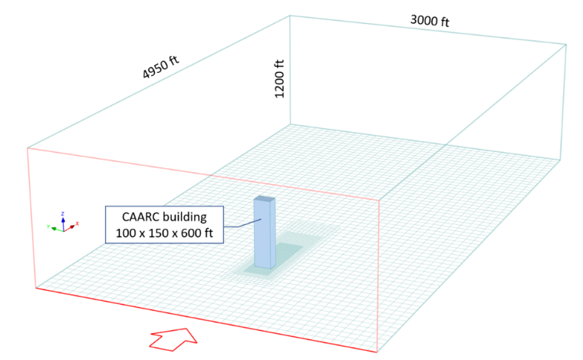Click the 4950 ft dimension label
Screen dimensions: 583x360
coord(160,67)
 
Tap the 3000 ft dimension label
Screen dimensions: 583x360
coord(430,21)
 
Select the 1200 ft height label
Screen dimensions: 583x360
coord(279,78)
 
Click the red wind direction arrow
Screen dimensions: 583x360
coord(173,339)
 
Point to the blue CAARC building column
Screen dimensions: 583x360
coord(265,233)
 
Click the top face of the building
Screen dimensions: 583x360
coord(265,199)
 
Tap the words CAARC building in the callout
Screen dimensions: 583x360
coord(164,216)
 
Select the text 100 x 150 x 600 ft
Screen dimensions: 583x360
coord(164,233)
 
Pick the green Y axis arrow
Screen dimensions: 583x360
coord(58,229)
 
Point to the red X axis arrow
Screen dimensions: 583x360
coord(69,228)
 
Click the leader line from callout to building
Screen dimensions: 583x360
coord(242,224)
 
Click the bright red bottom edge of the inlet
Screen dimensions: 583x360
coord(206,320)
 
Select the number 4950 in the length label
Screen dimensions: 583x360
coord(156,69)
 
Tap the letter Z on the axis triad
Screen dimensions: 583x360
coord(63,214)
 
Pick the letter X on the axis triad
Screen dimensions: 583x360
coord(77,223)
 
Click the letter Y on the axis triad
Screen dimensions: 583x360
coord(48,226)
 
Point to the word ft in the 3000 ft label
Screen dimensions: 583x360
coord(445,23)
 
